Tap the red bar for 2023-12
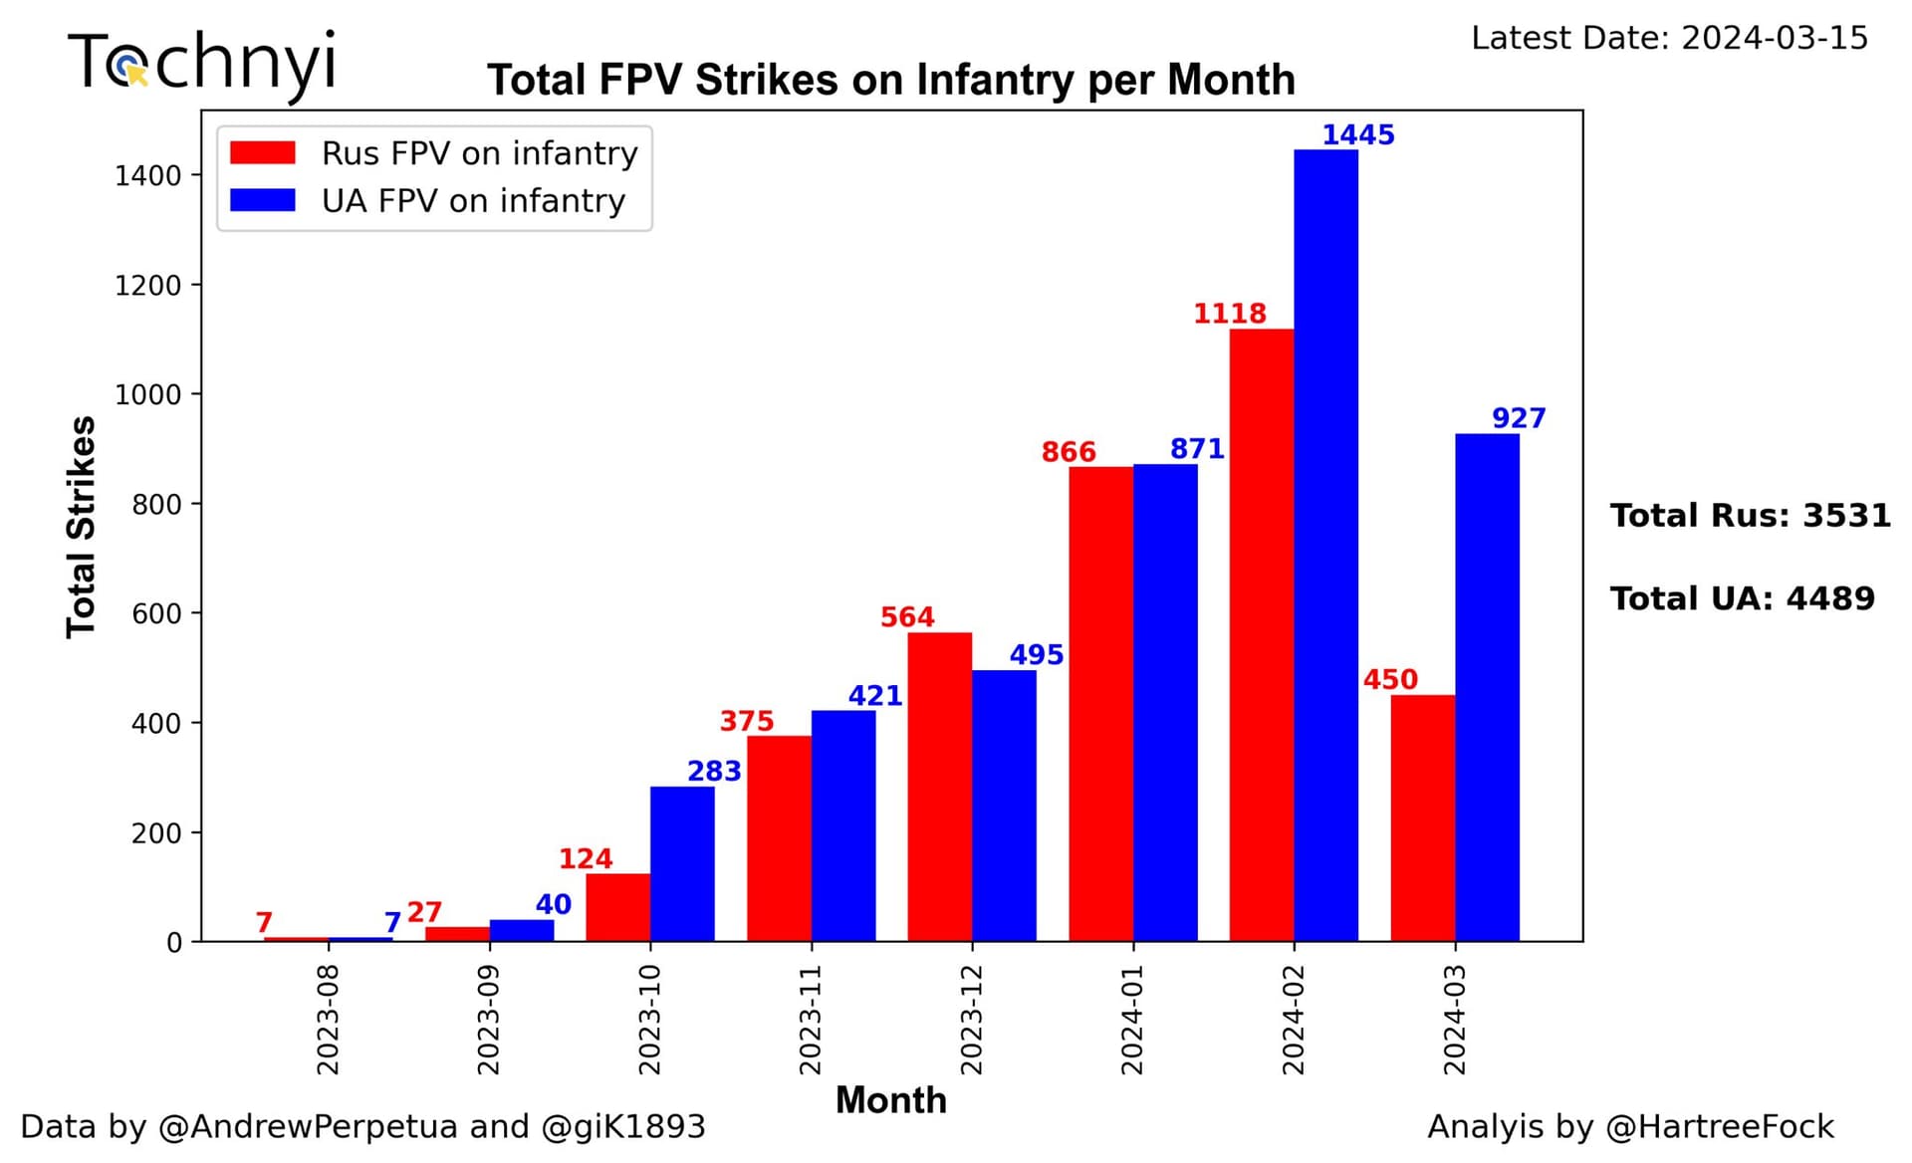point(939,787)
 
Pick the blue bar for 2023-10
point(682,864)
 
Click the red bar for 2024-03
point(1422,818)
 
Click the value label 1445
point(1357,134)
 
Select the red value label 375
point(746,721)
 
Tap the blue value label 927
point(1519,418)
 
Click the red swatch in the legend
point(263,153)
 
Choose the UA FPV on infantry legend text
point(473,201)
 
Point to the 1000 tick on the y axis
point(148,394)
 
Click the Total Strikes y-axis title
point(81,527)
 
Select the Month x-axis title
point(890,1100)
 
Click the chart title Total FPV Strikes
point(890,80)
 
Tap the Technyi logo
point(202,63)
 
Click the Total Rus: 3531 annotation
point(1750,516)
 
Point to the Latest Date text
point(1669,38)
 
